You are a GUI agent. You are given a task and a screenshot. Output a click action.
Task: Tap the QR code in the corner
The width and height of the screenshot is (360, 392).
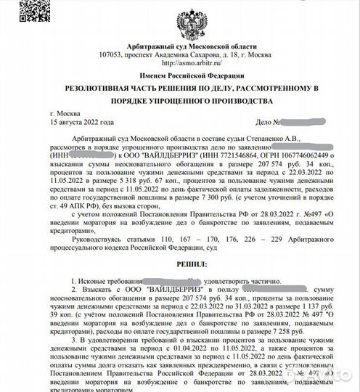click(x=17, y=17)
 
